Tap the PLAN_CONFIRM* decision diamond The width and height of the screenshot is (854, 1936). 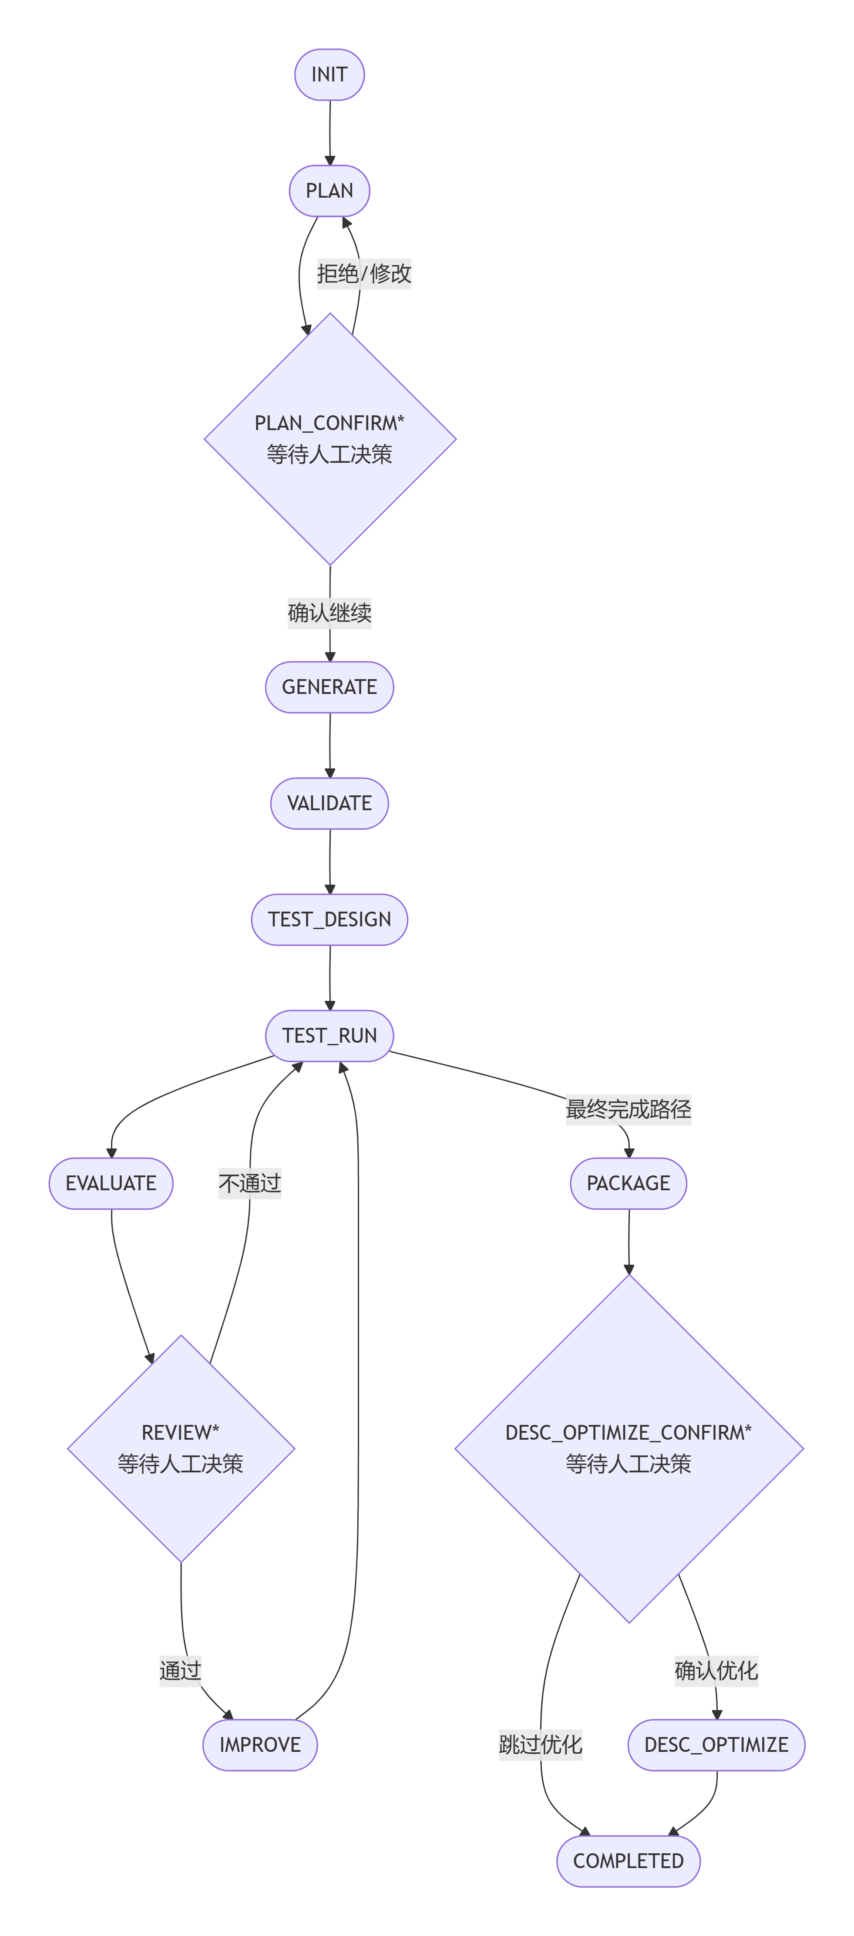click(x=330, y=439)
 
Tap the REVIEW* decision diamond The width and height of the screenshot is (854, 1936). click(x=181, y=1448)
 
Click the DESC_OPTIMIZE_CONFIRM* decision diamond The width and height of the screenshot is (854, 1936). click(x=629, y=1448)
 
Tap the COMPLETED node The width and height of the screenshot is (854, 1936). click(x=629, y=1861)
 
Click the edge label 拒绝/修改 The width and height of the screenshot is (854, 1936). click(x=364, y=273)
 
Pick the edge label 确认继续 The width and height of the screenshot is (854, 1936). click(x=330, y=613)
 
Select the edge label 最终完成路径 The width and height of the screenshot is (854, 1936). click(x=629, y=1109)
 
